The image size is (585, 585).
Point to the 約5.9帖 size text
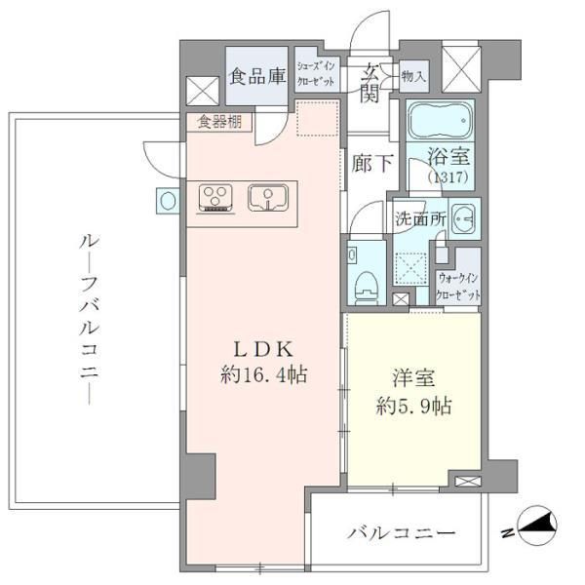click(410, 405)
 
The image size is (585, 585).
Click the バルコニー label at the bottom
click(402, 534)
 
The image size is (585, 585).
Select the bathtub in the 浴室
click(439, 122)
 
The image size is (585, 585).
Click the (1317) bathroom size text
click(450, 177)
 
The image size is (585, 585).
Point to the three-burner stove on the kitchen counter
click(215, 198)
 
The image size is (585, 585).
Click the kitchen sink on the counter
click(264, 198)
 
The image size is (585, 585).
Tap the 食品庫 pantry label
click(256, 74)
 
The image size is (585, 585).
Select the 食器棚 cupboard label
click(218, 123)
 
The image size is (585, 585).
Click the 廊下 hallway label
click(372, 164)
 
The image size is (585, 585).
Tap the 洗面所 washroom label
click(419, 219)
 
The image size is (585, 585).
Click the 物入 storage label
click(412, 75)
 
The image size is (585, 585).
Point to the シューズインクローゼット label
click(316, 74)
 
